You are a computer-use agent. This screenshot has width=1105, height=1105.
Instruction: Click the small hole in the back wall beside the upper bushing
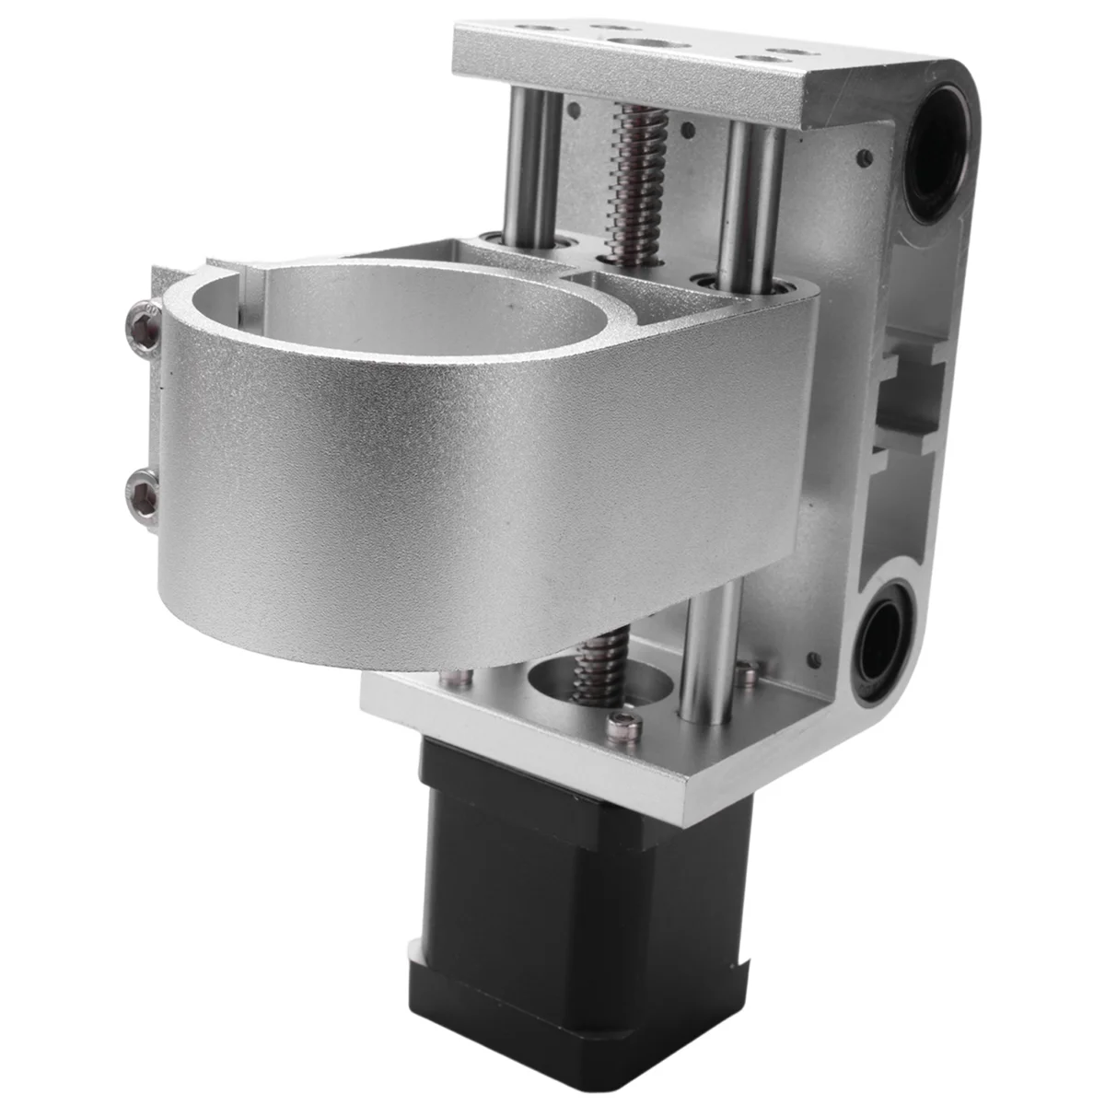pyautogui.click(x=864, y=157)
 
